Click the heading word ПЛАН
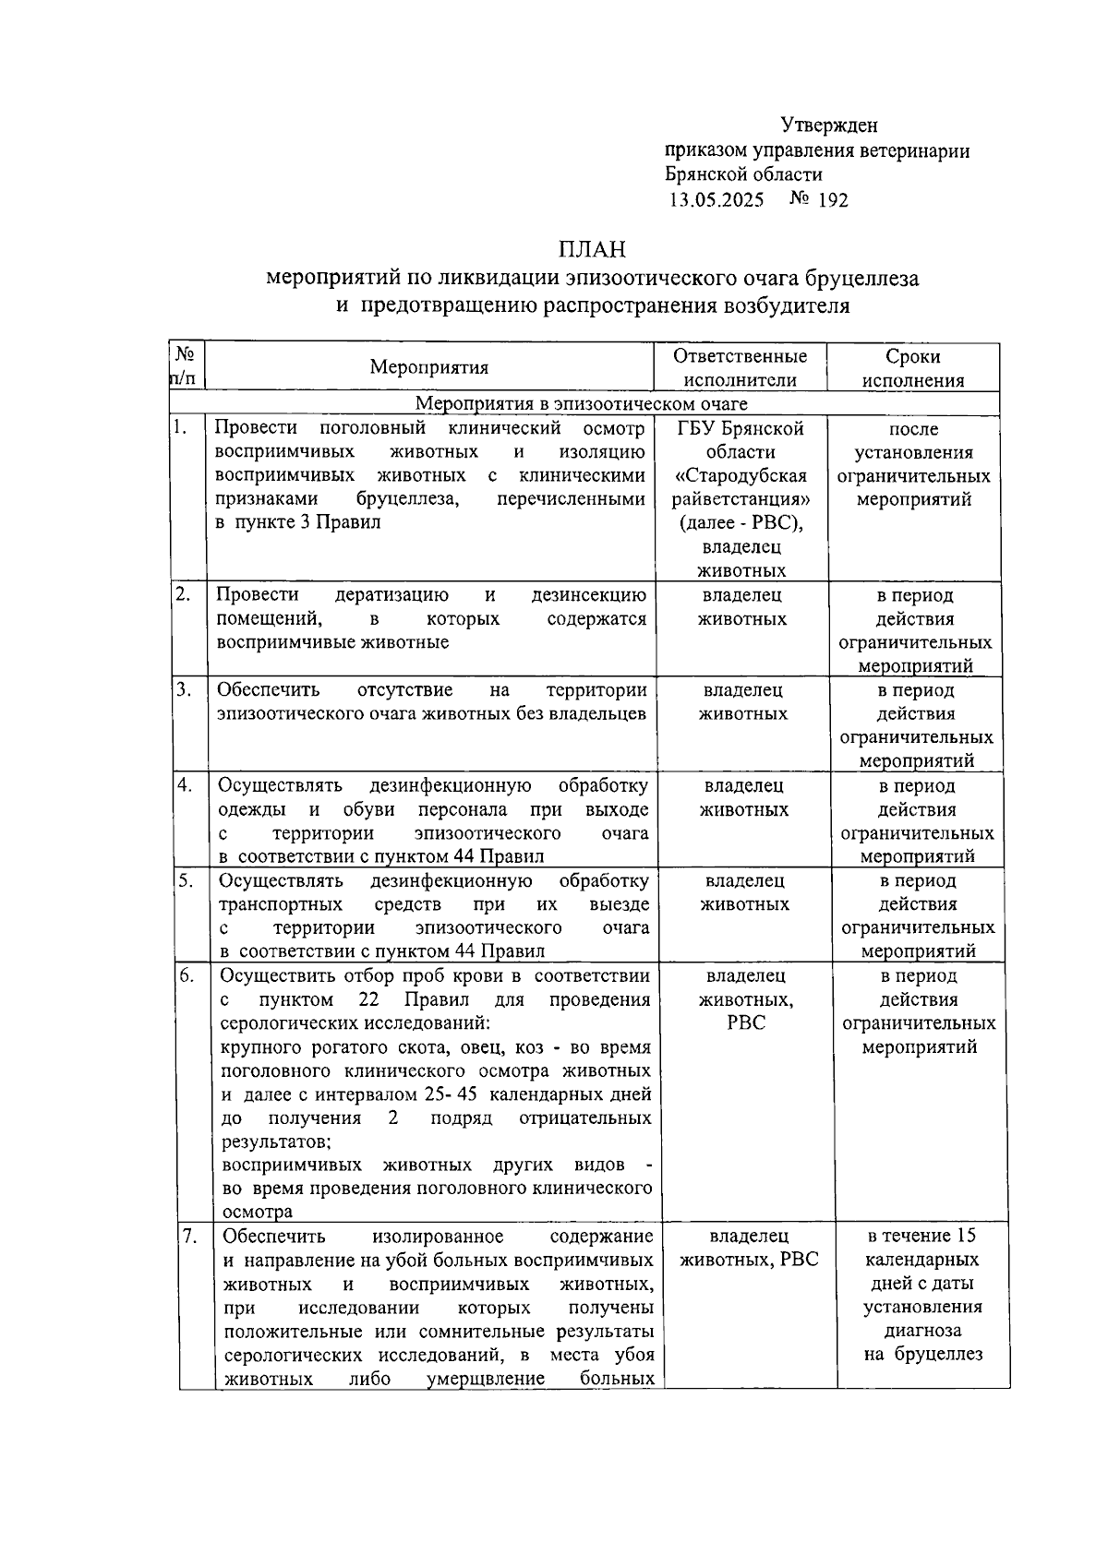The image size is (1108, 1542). click(592, 249)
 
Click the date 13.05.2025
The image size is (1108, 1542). click(717, 199)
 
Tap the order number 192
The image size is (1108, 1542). click(833, 199)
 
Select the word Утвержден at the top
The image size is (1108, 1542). click(829, 125)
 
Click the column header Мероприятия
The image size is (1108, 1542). click(429, 367)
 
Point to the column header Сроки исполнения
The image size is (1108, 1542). click(912, 368)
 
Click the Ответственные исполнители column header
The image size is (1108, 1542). click(740, 368)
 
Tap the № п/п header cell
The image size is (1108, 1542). click(186, 366)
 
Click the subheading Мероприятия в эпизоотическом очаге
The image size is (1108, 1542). click(582, 404)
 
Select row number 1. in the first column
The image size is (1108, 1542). click(182, 426)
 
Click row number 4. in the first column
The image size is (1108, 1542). click(185, 784)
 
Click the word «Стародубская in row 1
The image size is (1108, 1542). click(741, 476)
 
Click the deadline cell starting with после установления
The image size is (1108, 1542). click(912, 464)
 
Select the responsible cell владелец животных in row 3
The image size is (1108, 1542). click(743, 702)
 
